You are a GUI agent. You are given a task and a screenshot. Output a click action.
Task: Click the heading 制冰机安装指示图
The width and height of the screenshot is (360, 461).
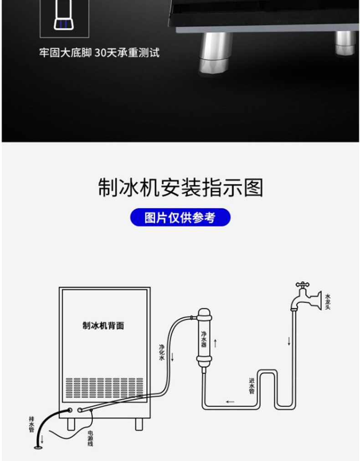click(x=180, y=188)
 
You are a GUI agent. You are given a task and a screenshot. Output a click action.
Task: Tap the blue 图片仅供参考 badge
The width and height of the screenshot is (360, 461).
click(x=180, y=218)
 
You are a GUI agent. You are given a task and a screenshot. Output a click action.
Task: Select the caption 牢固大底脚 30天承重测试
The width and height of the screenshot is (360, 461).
click(x=99, y=53)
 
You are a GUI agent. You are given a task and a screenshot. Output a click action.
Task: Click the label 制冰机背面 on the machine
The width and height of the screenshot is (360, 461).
click(x=103, y=326)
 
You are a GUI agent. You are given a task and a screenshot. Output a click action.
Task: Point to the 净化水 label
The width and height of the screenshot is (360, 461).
click(x=161, y=352)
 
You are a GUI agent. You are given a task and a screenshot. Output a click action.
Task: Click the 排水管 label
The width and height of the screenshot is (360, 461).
click(x=31, y=424)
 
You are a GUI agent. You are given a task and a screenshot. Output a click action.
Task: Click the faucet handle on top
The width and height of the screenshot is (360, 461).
click(x=302, y=284)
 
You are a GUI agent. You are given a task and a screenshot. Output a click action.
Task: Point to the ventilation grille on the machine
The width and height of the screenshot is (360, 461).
click(x=104, y=387)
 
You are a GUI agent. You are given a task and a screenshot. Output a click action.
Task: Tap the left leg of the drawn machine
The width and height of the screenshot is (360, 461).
click(x=71, y=424)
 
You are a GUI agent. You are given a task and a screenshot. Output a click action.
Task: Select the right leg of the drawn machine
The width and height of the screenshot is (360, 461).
click(x=138, y=424)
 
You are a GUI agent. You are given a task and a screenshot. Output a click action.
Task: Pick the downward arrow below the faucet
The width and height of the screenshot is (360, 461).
click(x=288, y=341)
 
